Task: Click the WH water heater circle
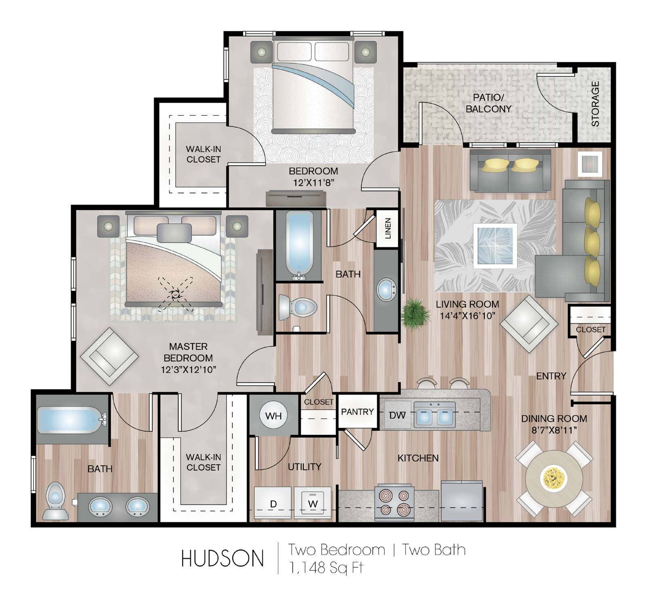[x=273, y=416]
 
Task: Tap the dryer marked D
[x=273, y=502]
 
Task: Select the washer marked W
[x=313, y=502]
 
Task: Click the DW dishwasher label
[x=396, y=415]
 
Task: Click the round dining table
[x=554, y=479]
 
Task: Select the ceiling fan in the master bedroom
[x=176, y=294]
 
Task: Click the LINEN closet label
[x=388, y=228]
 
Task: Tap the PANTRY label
[x=357, y=412]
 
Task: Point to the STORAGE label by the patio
[x=595, y=104]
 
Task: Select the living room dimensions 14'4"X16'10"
[x=467, y=316]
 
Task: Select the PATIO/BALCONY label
[x=488, y=103]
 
